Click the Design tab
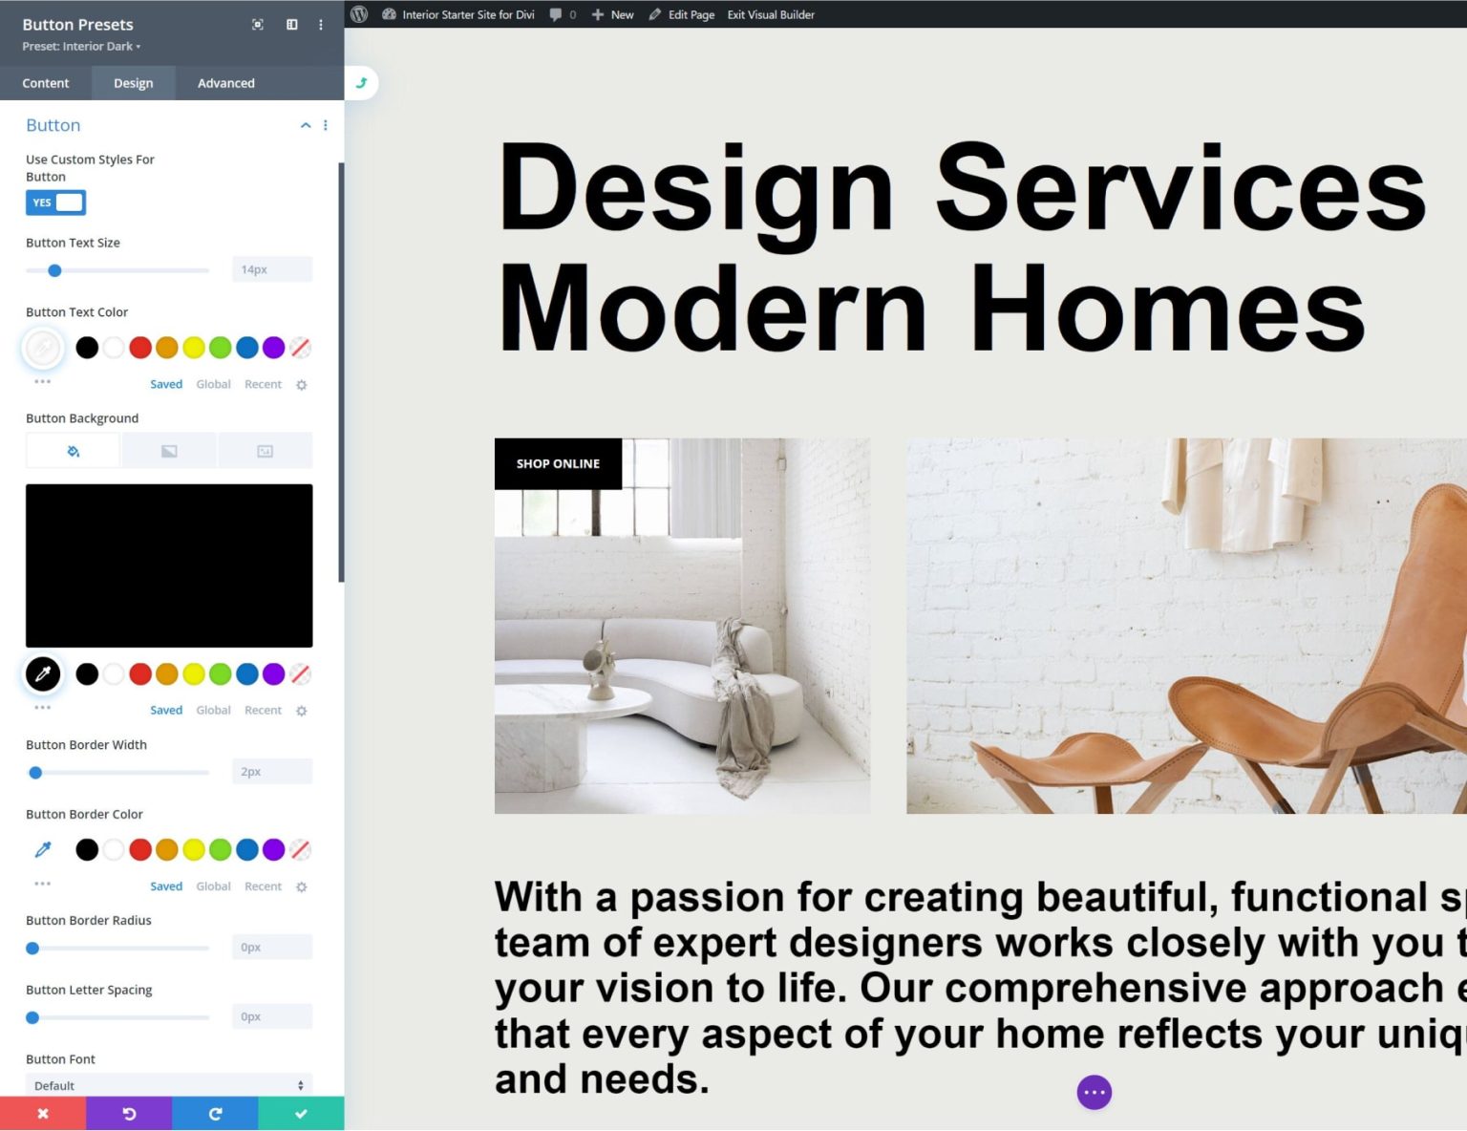tap(133, 83)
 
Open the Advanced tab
tap(225, 83)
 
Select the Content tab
tap(46, 83)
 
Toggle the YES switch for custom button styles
tap(55, 203)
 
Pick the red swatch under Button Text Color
tap(140, 348)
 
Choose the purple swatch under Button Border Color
tap(273, 849)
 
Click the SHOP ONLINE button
tap(558, 464)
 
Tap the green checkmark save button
tap(301, 1114)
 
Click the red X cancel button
tap(43, 1114)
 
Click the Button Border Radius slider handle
tap(32, 949)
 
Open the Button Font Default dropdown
tap(169, 1085)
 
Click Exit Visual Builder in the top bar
tap(771, 14)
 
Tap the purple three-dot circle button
tap(1095, 1092)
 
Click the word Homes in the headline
tap(1167, 309)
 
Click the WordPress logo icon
tap(359, 14)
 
